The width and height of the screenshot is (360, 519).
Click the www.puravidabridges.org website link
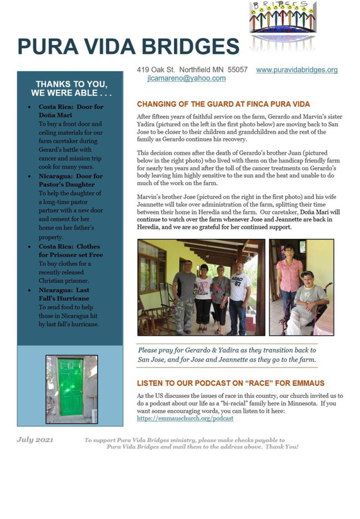tap(297, 70)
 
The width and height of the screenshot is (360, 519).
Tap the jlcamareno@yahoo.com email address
tap(186, 78)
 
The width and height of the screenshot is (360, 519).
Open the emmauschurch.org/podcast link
tap(185, 418)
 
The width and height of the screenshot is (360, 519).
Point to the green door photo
tap(71, 389)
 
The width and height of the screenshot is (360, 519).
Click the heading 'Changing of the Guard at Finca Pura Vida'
tap(223, 104)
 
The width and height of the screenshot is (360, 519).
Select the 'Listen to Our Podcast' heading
tap(230, 383)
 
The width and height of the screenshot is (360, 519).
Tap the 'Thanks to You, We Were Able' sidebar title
tap(71, 88)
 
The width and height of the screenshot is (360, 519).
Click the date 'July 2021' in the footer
tap(35, 439)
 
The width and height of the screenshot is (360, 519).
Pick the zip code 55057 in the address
tap(237, 70)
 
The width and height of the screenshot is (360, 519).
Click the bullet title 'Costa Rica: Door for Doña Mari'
tap(70, 111)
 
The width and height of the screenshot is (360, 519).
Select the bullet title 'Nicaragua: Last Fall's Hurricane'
tap(64, 294)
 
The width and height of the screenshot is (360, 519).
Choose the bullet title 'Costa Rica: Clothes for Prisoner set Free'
tap(70, 250)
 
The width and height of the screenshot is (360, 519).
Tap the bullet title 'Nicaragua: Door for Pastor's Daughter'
tap(70, 180)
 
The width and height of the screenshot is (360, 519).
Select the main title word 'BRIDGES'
tap(190, 47)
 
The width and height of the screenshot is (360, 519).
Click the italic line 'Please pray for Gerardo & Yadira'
tap(226, 350)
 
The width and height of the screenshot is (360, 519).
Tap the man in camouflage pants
tap(185, 296)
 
